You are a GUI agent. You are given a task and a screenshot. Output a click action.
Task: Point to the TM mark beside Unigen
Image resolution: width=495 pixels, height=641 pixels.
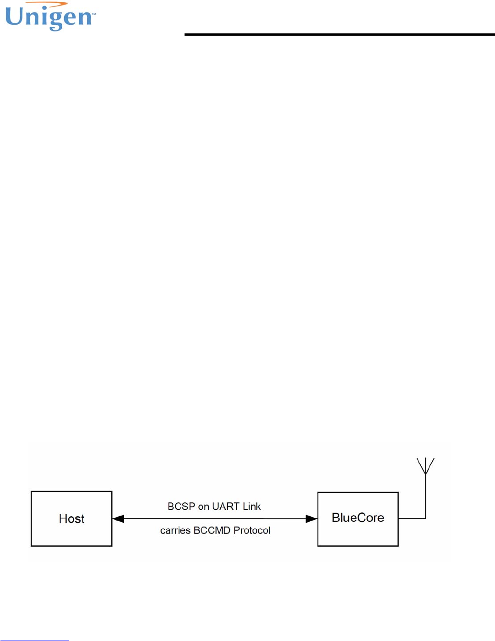click(x=94, y=14)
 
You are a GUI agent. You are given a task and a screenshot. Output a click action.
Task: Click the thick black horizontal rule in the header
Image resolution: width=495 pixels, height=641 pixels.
click(x=339, y=34)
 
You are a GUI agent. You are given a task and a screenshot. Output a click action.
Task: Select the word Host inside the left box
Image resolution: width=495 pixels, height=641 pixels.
click(x=71, y=519)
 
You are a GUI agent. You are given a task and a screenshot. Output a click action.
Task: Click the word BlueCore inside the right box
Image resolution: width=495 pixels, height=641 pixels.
click(x=358, y=518)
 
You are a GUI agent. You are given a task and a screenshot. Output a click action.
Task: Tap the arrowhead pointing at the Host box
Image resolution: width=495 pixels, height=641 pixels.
click(x=118, y=519)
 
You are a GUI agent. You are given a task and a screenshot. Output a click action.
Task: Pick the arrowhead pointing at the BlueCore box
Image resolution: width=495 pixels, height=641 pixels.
click(x=311, y=519)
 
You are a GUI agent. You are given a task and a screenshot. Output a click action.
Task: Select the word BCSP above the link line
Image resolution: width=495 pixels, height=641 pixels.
click(x=181, y=506)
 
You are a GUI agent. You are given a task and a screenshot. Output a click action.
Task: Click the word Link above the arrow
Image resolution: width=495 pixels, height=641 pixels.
click(x=251, y=506)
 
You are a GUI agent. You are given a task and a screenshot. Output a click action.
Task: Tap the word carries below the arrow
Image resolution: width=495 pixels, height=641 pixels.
click(x=175, y=531)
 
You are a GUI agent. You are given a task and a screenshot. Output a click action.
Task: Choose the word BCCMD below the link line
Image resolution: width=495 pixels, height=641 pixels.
click(x=212, y=531)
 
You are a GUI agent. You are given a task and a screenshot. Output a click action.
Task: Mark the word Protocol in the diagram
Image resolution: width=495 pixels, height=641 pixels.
click(x=252, y=531)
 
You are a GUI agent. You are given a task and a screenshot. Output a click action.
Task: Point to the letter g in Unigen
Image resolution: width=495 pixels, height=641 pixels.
click(x=54, y=21)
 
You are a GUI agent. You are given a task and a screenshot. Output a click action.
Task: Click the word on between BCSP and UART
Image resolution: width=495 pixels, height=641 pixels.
click(x=203, y=507)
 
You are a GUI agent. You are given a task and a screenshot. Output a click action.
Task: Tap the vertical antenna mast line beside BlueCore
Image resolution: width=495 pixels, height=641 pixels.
click(x=425, y=496)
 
